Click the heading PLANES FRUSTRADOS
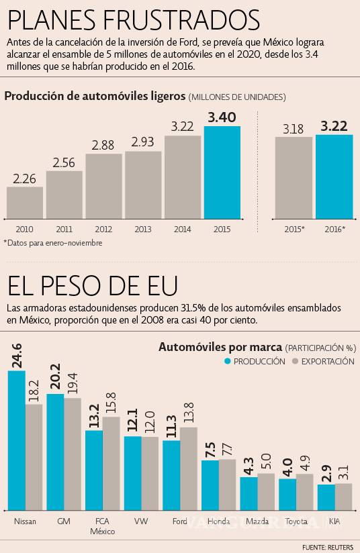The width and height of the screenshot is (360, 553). [x=132, y=19]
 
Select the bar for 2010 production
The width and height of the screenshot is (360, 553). [x=25, y=203]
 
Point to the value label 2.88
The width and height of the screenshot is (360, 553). [x=103, y=145]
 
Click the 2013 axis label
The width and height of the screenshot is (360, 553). [x=143, y=230]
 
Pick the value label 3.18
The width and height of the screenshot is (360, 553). [x=294, y=128]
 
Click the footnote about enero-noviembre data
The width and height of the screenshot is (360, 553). [x=53, y=243]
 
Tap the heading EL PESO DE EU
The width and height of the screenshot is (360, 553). [x=92, y=287]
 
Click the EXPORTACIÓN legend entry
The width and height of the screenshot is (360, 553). [x=322, y=361]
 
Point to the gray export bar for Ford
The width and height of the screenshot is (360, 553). [x=189, y=468]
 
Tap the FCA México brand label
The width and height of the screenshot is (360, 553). [x=103, y=525]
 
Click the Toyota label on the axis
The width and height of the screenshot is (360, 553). [x=296, y=521]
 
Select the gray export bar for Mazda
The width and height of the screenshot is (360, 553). [x=266, y=491]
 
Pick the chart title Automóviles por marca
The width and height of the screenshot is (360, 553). [x=220, y=347]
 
